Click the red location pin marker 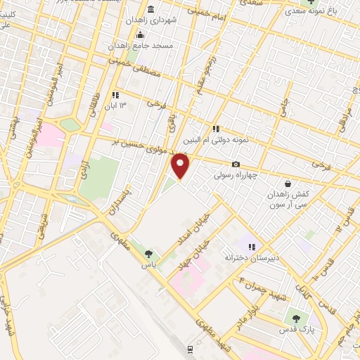181,165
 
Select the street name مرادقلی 345,110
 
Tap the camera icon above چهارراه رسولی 236,165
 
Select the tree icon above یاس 148,253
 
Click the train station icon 190,348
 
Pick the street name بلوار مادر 262,307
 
